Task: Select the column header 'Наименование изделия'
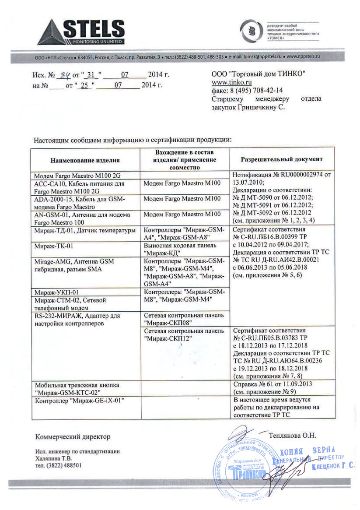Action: point(84,160)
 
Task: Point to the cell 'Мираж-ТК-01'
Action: point(50,246)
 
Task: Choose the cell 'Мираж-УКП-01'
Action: point(53,292)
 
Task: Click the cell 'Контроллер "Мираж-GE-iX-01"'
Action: point(76,400)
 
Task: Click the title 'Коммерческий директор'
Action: point(73,437)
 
